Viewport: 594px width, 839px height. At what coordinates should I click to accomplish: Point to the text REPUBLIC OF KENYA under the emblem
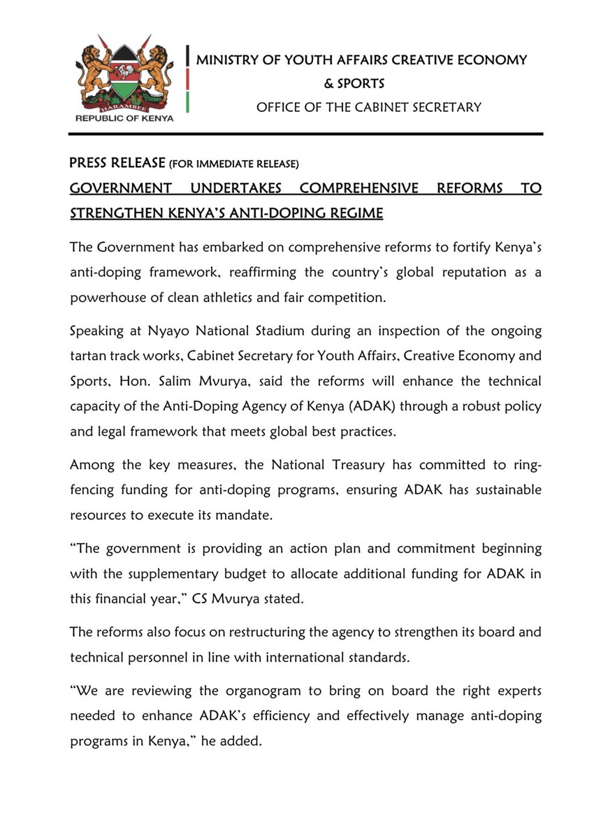point(124,118)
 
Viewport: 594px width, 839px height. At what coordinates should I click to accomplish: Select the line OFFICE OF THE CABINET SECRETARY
point(369,107)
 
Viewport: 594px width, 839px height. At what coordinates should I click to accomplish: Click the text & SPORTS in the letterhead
point(354,84)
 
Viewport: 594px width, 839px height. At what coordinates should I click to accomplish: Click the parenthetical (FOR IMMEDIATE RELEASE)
point(235,165)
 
